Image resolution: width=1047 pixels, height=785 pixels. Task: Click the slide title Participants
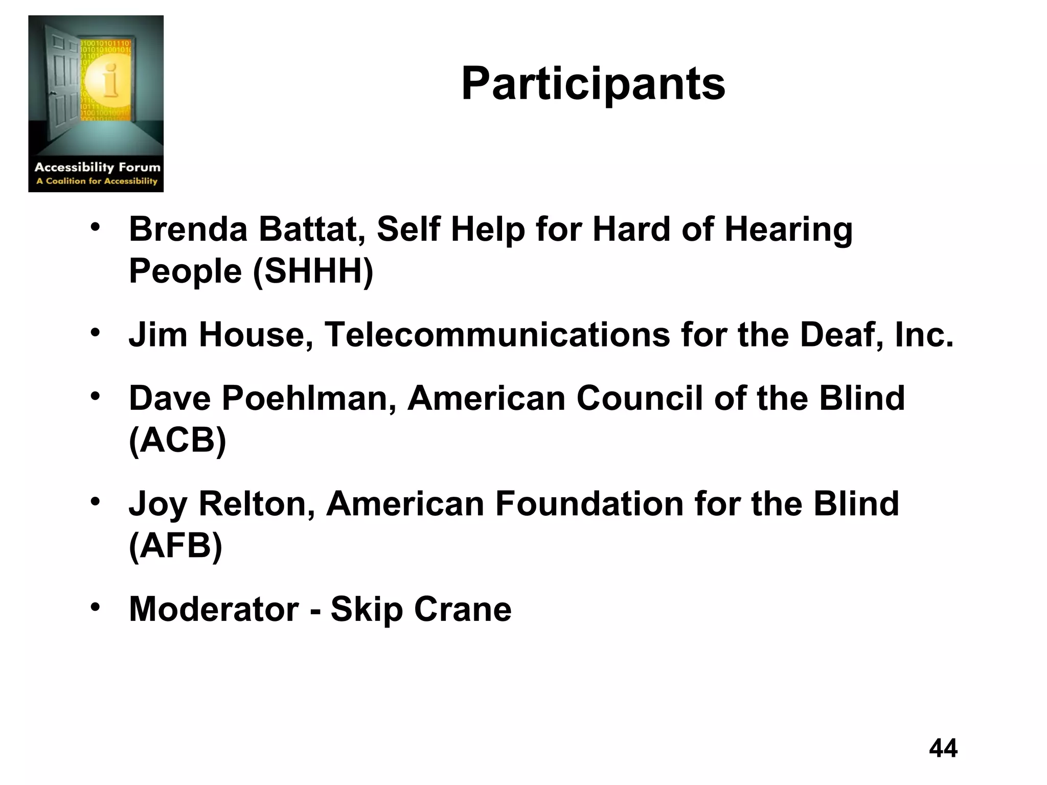[593, 84]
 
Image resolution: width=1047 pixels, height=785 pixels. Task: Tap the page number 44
[943, 748]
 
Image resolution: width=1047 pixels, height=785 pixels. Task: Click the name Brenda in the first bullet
[188, 229]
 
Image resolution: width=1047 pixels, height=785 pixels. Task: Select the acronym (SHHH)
[313, 271]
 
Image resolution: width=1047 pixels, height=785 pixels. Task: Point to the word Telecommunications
[497, 335]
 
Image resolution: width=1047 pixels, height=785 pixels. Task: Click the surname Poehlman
[309, 398]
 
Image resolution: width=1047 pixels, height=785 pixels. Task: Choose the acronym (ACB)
[177, 440]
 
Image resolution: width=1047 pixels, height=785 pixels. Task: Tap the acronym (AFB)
[175, 545]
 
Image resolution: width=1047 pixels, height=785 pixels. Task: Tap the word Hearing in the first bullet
[788, 229]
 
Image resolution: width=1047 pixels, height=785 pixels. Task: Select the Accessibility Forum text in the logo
[97, 167]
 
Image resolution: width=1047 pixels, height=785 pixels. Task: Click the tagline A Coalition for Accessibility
[97, 181]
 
